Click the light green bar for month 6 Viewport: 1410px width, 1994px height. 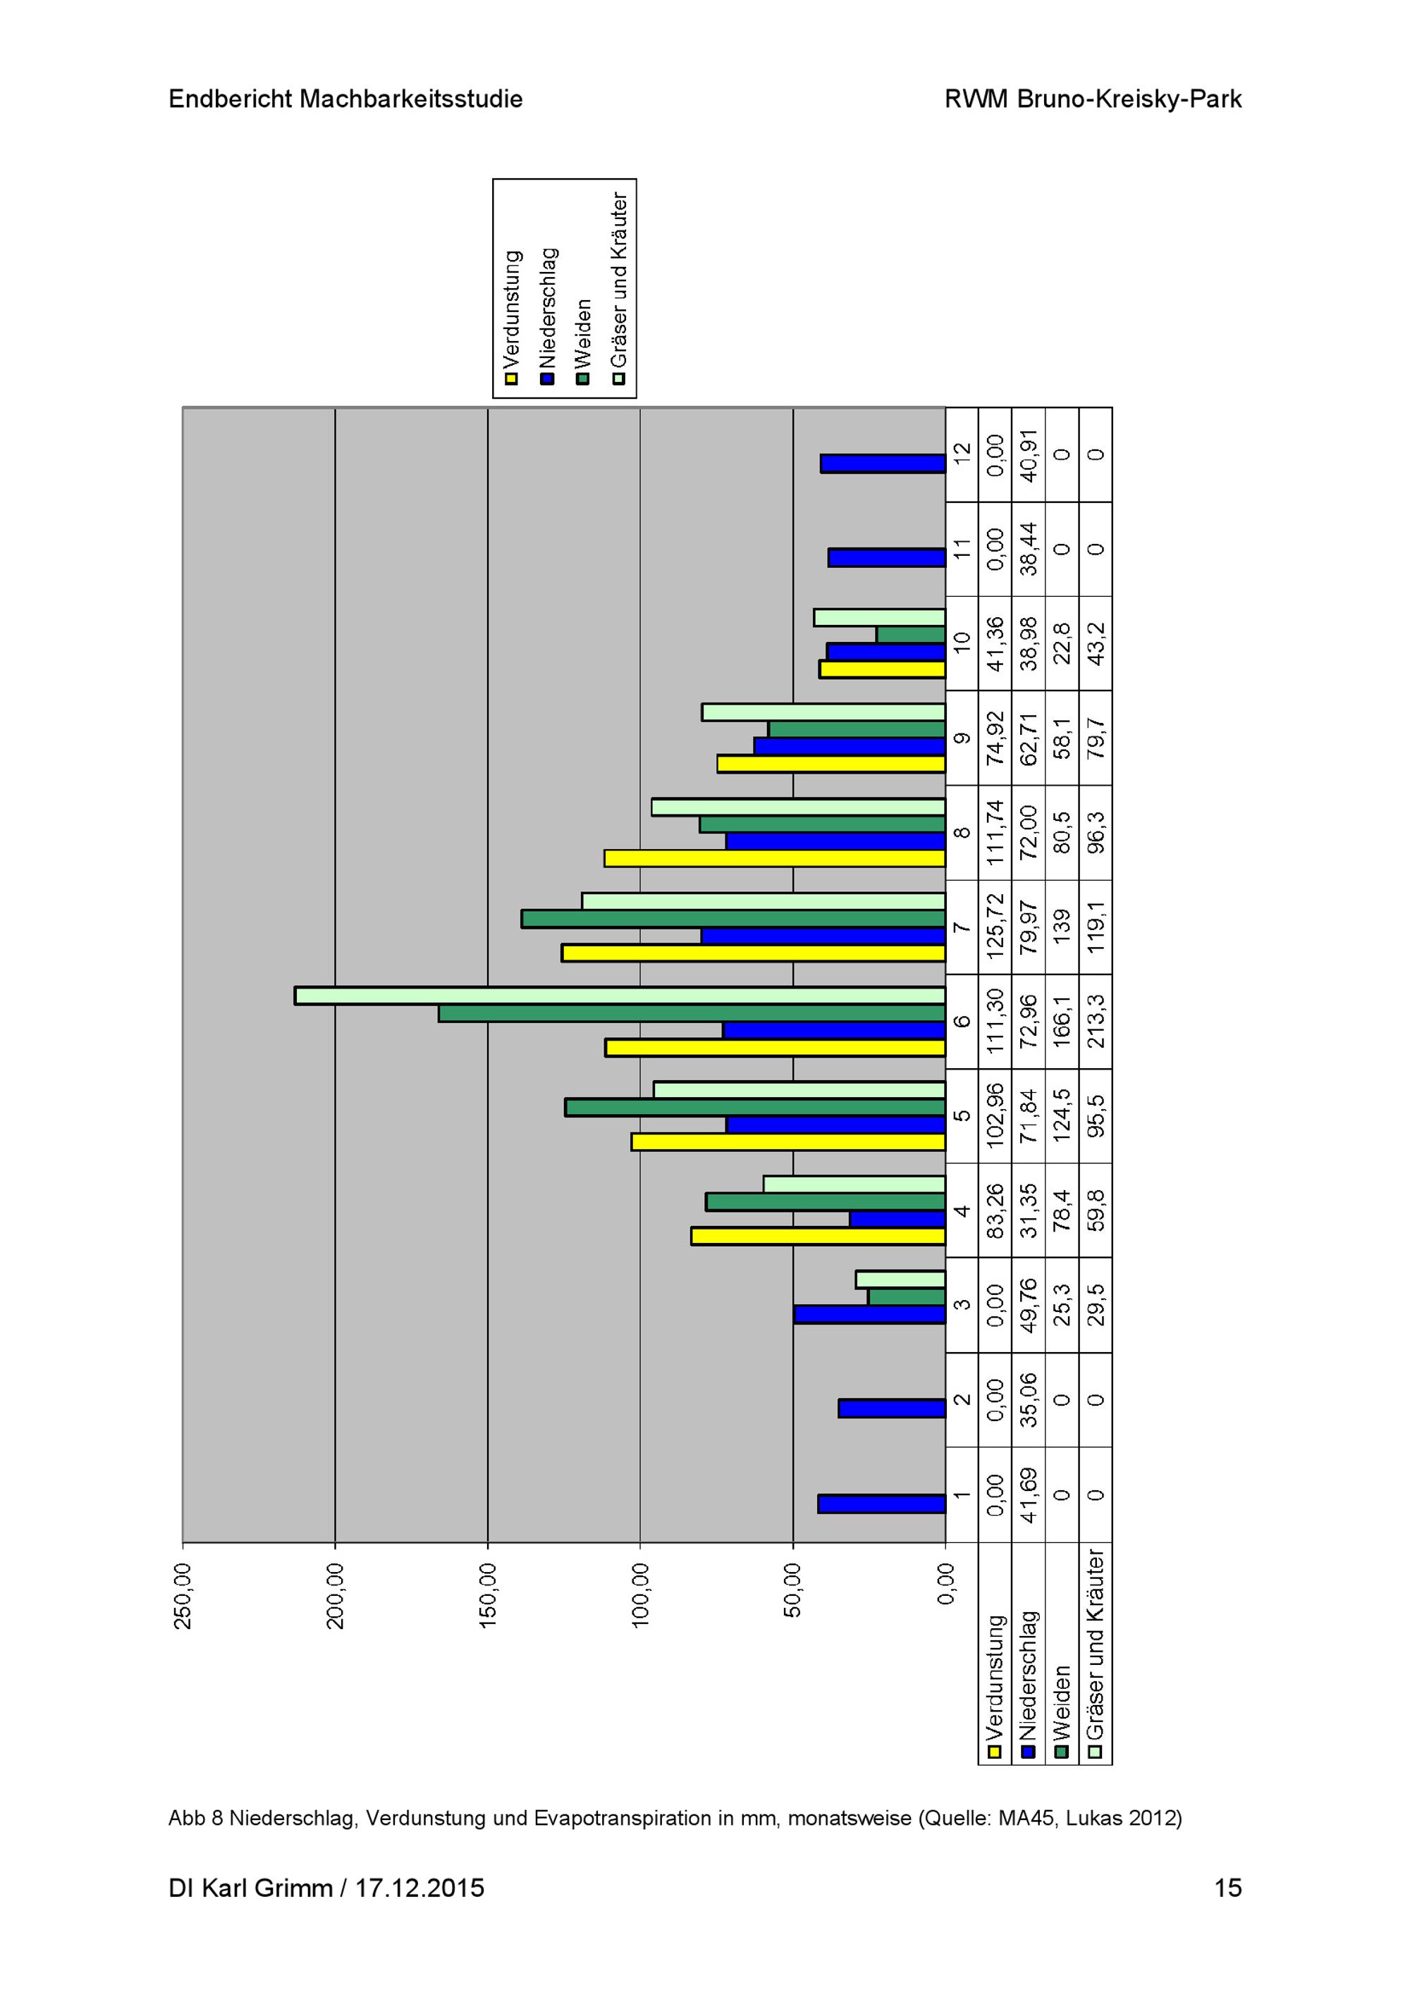coord(620,996)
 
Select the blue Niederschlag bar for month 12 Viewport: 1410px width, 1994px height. coord(883,464)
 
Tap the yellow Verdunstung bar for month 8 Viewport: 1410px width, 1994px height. coord(775,858)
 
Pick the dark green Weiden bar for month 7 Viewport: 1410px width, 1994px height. coord(733,919)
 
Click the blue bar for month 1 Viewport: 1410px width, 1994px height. coord(881,1504)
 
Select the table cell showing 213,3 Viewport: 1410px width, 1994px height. coord(1096,1022)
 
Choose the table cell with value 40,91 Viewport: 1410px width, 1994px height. coord(1029,455)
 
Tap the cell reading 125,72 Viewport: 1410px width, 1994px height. coord(995,927)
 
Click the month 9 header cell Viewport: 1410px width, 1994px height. coord(962,738)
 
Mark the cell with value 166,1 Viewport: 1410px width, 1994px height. coord(1062,1022)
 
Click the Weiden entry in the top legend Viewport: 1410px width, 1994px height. coord(583,339)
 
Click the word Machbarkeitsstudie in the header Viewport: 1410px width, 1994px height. coord(411,99)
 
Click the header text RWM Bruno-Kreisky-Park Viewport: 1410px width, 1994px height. coord(1093,99)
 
